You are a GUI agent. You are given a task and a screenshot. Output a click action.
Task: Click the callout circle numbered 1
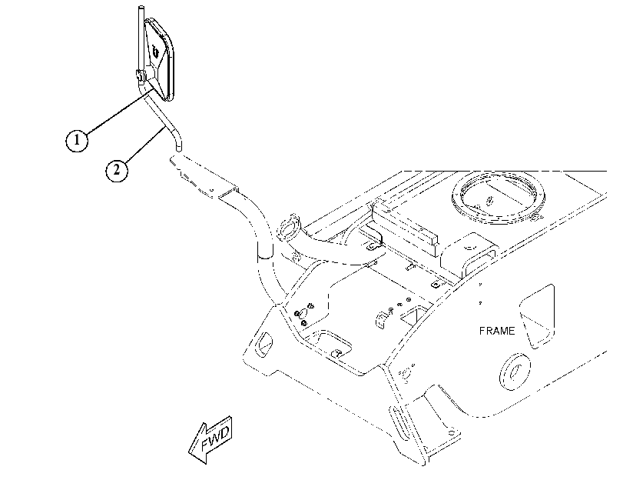pyautogui.click(x=77, y=140)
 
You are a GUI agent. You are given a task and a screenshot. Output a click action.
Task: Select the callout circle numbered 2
pyautogui.click(x=117, y=170)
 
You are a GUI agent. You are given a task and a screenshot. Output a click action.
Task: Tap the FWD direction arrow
pyautogui.click(x=210, y=439)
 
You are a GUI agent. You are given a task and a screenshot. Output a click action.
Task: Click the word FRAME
pyautogui.click(x=497, y=331)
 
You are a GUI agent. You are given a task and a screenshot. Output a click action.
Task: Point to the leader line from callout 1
pyautogui.click(x=119, y=112)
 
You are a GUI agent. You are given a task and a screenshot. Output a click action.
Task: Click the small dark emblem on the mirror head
pyautogui.click(x=155, y=52)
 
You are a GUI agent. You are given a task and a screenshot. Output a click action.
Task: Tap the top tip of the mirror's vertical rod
pyautogui.click(x=141, y=7)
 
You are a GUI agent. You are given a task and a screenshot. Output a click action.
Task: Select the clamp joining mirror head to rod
pyautogui.click(x=141, y=74)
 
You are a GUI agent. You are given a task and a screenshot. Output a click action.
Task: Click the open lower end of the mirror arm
pyautogui.click(x=179, y=148)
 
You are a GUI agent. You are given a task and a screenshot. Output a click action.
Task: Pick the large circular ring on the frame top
pyautogui.click(x=499, y=196)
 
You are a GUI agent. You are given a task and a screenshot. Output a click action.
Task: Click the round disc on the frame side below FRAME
pyautogui.click(x=515, y=372)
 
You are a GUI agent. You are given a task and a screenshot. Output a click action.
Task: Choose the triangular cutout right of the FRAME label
pyautogui.click(x=537, y=316)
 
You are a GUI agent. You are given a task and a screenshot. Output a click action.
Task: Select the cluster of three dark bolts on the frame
pyautogui.click(x=304, y=314)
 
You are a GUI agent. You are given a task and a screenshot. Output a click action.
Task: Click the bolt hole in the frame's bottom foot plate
pyautogui.click(x=452, y=432)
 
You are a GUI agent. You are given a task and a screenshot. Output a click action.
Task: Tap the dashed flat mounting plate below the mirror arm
pyautogui.click(x=203, y=176)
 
